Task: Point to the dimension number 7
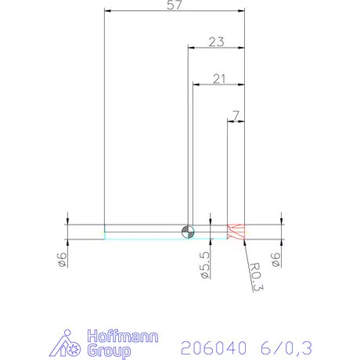236,115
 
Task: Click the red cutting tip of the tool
236,231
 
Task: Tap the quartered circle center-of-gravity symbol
187,229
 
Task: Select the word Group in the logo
110,351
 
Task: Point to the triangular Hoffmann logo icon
70,344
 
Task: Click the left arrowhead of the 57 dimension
108,11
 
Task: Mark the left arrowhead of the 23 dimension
190,47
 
